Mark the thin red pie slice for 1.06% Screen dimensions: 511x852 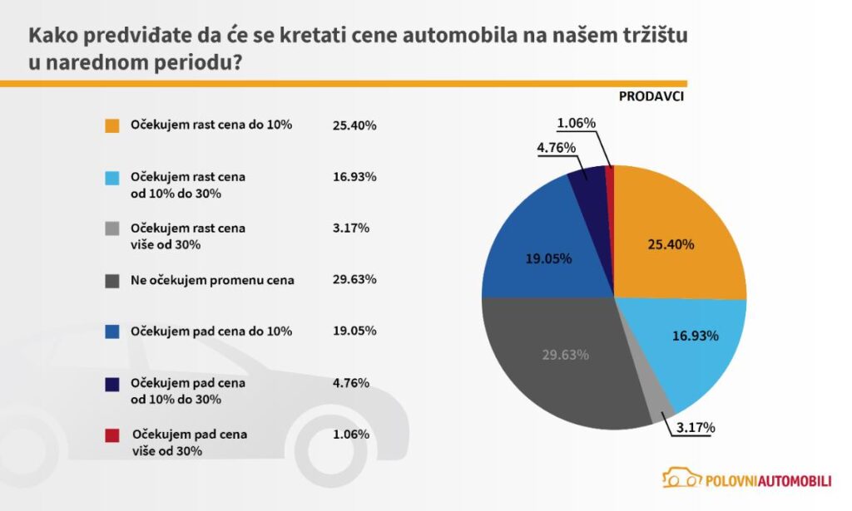(610, 171)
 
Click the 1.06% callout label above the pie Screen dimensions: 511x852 (577, 123)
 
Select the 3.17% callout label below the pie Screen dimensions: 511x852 (695, 428)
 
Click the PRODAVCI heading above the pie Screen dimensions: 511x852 (651, 96)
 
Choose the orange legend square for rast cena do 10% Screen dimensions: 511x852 (112, 126)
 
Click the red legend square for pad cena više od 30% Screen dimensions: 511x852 (112, 435)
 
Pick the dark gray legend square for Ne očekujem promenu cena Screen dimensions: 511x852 (112, 281)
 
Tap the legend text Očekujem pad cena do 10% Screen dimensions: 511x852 (211, 332)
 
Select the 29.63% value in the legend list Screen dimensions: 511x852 (354, 280)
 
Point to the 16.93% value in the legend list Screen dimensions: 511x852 (354, 177)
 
